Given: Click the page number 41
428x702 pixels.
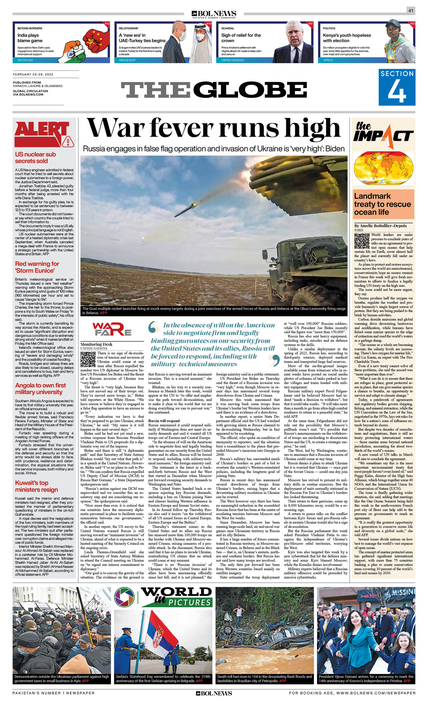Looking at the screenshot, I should tap(411, 10).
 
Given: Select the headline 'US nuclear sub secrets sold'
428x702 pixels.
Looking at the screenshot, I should tap(35, 157).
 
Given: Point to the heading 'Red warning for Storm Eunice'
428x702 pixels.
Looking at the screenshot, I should tap(37, 267).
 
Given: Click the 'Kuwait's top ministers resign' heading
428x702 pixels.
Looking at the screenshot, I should tap(37, 486).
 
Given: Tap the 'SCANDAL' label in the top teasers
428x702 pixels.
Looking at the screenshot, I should tap(228, 28).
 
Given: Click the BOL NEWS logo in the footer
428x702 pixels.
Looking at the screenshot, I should tap(214, 693).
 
